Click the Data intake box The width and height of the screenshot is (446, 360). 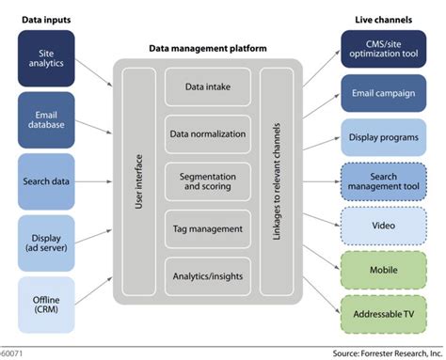pyautogui.click(x=206, y=86)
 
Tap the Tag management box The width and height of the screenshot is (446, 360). pyautogui.click(x=206, y=228)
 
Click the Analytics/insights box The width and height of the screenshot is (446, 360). pyautogui.click(x=206, y=276)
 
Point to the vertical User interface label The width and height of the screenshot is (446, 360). pyautogui.click(x=139, y=181)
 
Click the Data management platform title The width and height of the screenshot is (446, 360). pyautogui.click(x=206, y=47)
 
